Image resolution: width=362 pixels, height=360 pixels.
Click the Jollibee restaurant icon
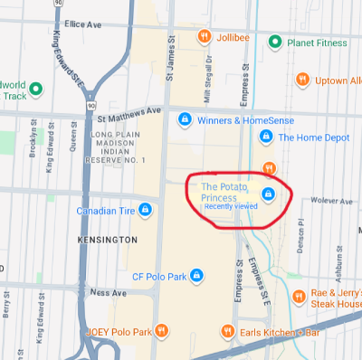[x=205, y=36]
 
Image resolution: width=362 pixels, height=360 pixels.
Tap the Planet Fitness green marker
[x=274, y=41]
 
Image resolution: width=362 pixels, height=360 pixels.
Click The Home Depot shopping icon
[x=266, y=137]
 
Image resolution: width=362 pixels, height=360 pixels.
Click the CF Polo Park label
[x=159, y=276]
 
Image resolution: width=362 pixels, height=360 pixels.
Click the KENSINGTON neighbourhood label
[x=108, y=241]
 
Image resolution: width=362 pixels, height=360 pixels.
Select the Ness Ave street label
[x=109, y=292]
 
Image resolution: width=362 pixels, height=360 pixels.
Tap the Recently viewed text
[x=231, y=206]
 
